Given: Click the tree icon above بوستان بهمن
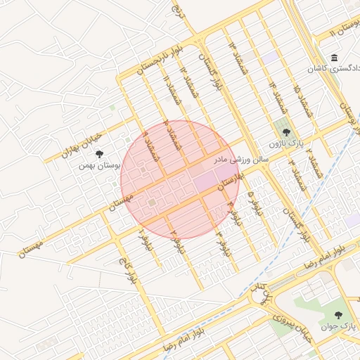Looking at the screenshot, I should click(x=99, y=153).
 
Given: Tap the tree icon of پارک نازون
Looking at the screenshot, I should click(x=285, y=131).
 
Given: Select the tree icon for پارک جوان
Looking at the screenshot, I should click(x=338, y=316).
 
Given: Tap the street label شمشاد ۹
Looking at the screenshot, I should click(x=150, y=143).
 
